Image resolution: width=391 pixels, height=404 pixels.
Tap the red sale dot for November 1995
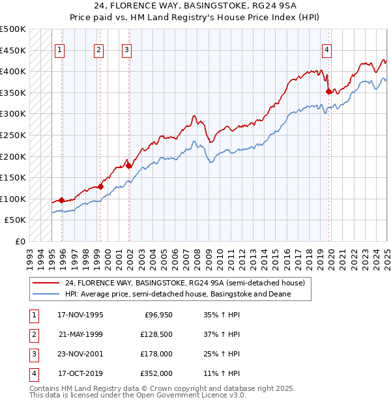(x=62, y=200)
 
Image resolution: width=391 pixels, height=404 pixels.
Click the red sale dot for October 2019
(x=328, y=92)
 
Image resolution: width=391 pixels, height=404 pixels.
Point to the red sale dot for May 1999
(x=101, y=187)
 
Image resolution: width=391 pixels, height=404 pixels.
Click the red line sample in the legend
(x=45, y=283)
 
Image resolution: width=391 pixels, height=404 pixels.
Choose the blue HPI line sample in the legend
(x=45, y=294)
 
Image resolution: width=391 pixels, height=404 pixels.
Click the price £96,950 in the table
(x=157, y=315)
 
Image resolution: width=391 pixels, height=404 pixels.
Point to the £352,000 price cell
(x=157, y=373)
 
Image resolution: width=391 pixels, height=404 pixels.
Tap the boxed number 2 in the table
(x=33, y=334)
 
